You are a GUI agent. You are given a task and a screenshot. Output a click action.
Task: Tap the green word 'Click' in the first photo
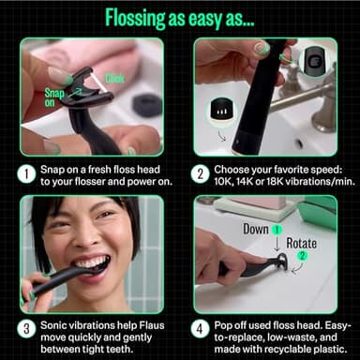coord(114,79)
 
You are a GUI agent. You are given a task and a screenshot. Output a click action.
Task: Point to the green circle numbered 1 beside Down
coord(277,230)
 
